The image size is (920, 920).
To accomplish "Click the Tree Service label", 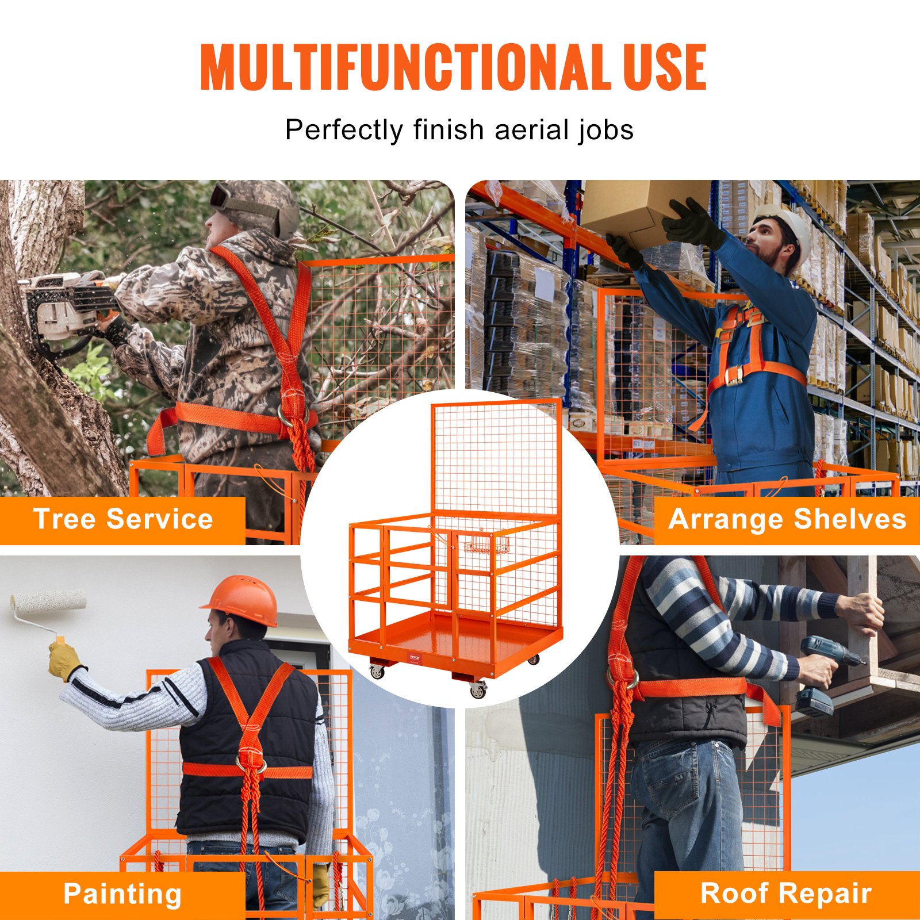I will (x=122, y=519).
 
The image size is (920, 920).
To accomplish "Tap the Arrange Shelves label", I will (x=787, y=519).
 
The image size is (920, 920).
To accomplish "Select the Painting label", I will (x=122, y=894).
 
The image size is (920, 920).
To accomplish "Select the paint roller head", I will (x=48, y=603).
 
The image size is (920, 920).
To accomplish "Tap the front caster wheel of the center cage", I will (x=478, y=690).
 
